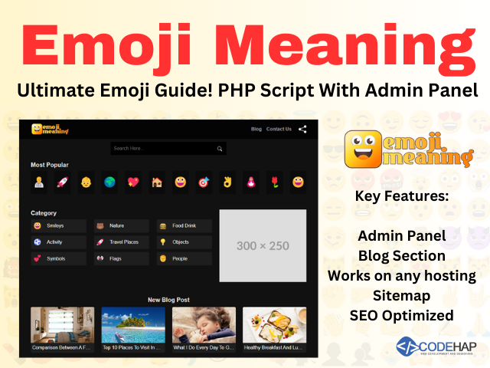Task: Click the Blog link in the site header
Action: pyautogui.click(x=256, y=129)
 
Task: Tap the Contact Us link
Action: pyautogui.click(x=279, y=129)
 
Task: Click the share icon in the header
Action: pyautogui.click(x=302, y=129)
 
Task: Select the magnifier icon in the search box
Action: pyautogui.click(x=220, y=149)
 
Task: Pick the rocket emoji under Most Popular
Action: pyautogui.click(x=62, y=182)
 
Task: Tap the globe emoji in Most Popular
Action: pyautogui.click(x=109, y=182)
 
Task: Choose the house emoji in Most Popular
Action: pyautogui.click(x=156, y=182)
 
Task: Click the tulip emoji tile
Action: pyautogui.click(x=273, y=182)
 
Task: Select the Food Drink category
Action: pyautogui.click(x=184, y=226)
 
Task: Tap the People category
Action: pyautogui.click(x=184, y=259)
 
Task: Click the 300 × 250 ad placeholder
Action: pyautogui.click(x=263, y=245)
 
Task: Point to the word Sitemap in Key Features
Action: pyautogui.click(x=401, y=295)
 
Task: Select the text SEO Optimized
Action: pyautogui.click(x=401, y=315)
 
